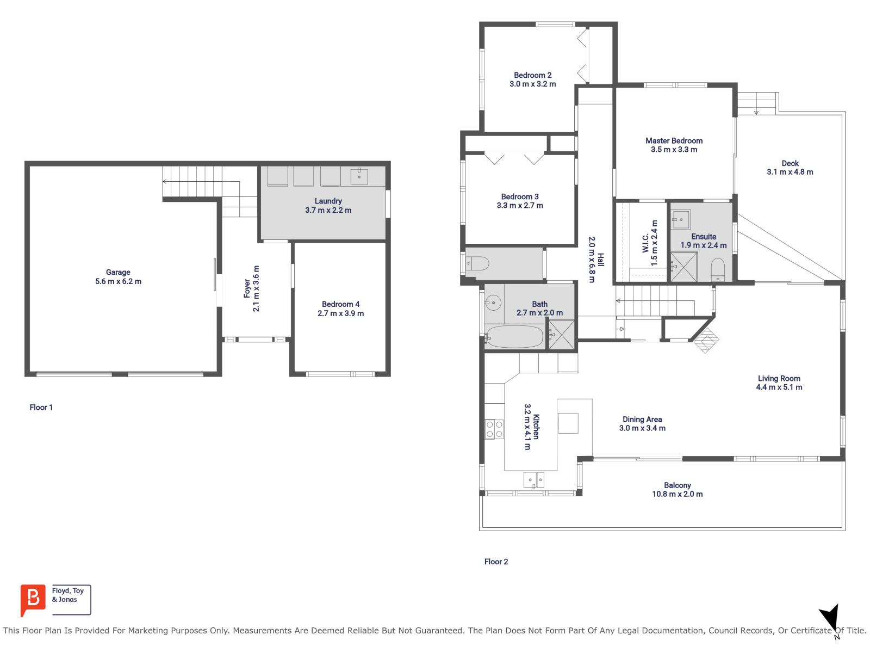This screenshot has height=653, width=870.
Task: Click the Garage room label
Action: (x=118, y=272)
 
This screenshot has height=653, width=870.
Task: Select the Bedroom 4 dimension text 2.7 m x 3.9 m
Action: (x=341, y=313)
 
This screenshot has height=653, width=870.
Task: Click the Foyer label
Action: (x=247, y=288)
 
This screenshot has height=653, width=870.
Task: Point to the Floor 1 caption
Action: (x=41, y=407)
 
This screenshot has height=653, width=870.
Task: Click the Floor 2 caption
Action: (x=496, y=562)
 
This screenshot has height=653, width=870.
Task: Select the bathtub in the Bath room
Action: (x=514, y=337)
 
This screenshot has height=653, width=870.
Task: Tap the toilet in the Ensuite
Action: (x=718, y=269)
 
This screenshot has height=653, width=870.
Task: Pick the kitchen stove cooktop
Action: (x=494, y=429)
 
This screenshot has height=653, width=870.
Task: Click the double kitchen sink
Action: (x=533, y=480)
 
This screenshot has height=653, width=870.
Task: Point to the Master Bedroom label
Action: (x=674, y=140)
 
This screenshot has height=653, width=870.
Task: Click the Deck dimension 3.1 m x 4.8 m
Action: (x=790, y=172)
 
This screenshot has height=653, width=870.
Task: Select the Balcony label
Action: (x=677, y=485)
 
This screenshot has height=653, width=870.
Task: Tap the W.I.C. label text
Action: (x=645, y=243)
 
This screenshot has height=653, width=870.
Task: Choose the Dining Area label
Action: (x=642, y=419)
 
